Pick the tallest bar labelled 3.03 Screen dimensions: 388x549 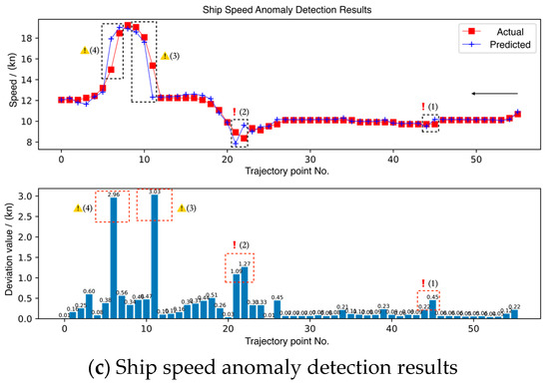point(154,256)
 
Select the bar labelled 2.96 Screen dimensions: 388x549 point(113,258)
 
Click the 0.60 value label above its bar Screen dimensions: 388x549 point(89,291)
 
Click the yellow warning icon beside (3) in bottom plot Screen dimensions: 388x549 point(182,207)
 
